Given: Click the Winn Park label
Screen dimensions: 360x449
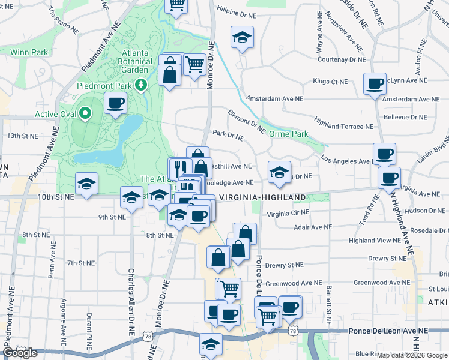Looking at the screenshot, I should (x=28, y=52).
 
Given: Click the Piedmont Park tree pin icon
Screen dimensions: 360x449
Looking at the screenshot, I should (x=142, y=85).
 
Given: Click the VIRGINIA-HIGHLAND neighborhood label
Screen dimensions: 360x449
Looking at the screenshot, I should (x=262, y=197).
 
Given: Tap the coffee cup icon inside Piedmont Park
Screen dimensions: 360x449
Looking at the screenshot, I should (x=115, y=103).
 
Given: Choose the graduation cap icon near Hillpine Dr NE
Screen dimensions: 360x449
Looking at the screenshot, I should (x=242, y=37).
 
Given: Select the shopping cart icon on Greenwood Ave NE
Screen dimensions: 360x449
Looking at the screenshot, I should (x=228, y=289).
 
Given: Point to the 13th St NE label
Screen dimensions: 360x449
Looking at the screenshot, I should (x=22, y=136).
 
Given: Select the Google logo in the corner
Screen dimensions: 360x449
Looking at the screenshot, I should (x=19, y=353).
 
